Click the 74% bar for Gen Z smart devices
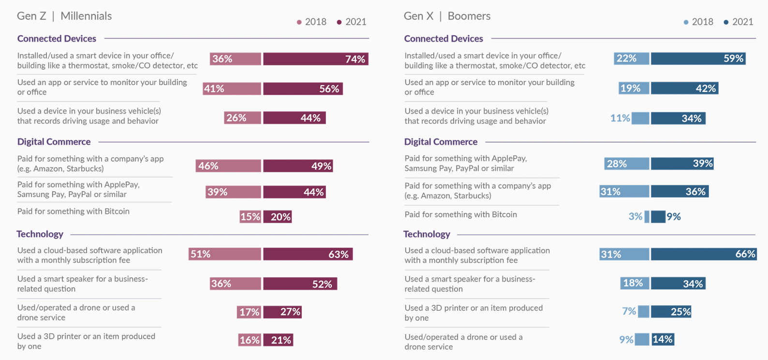click(316, 59)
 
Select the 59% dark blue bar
click(698, 59)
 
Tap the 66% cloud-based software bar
click(703, 254)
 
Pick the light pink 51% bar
click(225, 254)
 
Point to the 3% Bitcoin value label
click(635, 216)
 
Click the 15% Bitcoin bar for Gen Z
click(250, 217)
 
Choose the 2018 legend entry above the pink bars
click(311, 22)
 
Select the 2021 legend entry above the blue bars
click(738, 22)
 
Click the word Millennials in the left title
click(86, 16)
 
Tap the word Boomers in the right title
click(469, 16)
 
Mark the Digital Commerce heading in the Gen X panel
click(441, 142)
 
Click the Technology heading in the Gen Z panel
click(40, 234)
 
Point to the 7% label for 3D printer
click(629, 311)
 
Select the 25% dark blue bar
click(671, 312)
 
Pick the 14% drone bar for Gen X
click(663, 339)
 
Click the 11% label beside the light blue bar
click(620, 118)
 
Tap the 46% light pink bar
click(228, 166)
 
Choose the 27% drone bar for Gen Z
click(283, 312)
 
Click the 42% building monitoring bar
click(684, 88)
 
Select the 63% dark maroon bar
click(308, 254)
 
